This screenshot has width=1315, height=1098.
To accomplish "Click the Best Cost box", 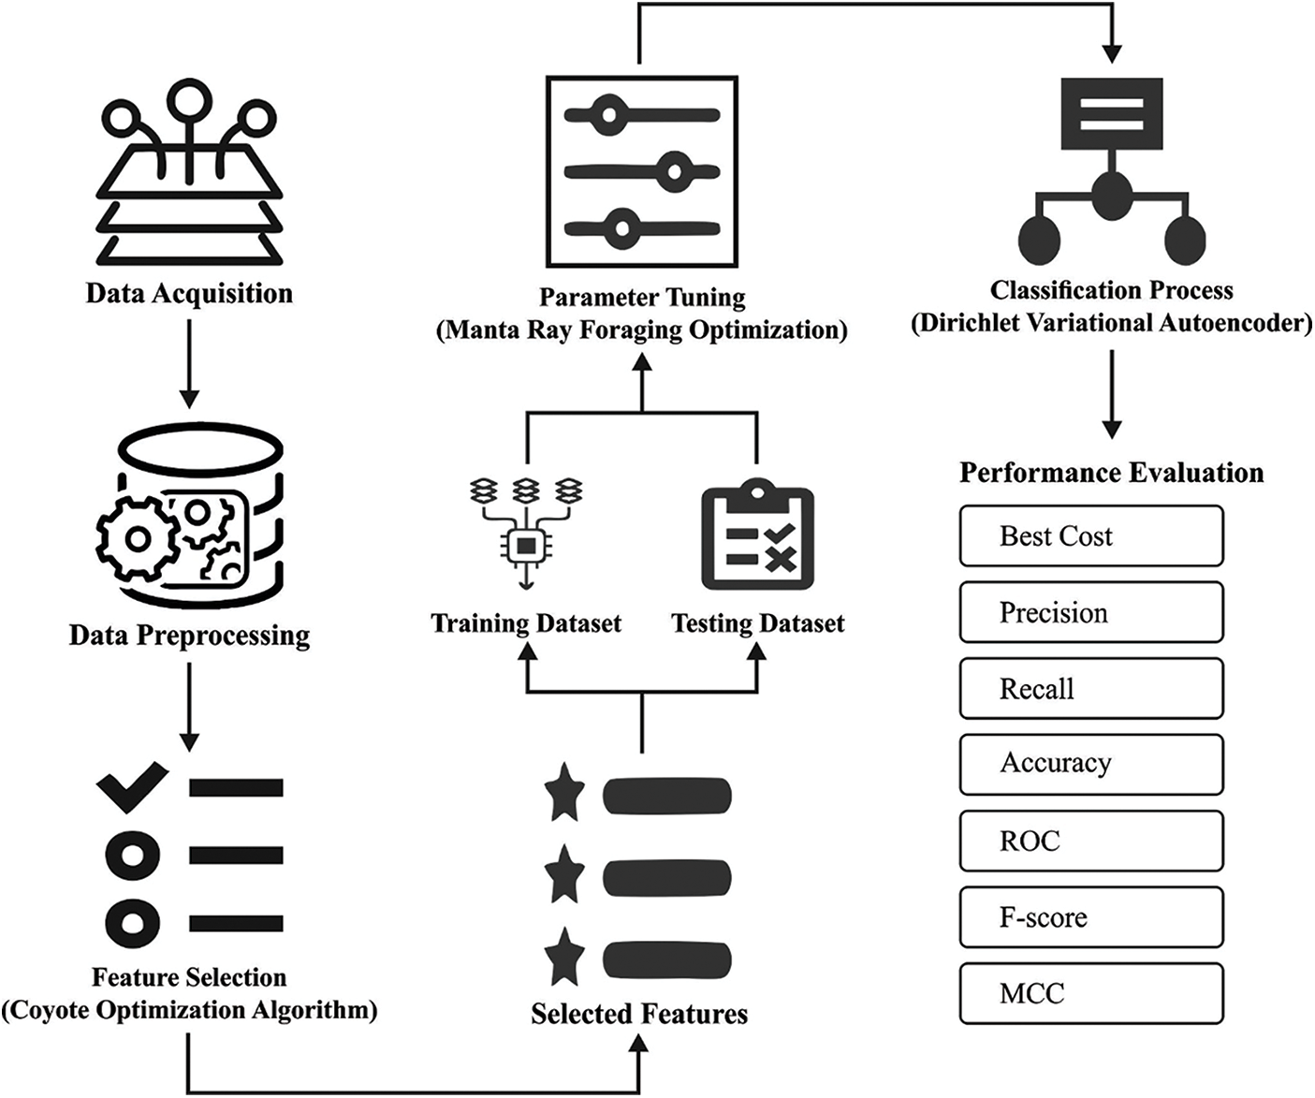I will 1091,536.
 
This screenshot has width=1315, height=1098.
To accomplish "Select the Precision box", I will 1091,612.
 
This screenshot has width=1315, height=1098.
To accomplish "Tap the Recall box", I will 1091,689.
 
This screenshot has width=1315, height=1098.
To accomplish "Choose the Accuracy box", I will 1091,765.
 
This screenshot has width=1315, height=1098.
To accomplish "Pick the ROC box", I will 1091,841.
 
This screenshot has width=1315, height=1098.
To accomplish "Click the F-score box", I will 1091,917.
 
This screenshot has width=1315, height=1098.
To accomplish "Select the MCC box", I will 1091,993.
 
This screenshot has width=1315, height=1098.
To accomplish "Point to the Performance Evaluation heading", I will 1111,473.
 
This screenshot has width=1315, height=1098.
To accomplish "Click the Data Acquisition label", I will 189,294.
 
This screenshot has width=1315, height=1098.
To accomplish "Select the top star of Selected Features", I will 564,793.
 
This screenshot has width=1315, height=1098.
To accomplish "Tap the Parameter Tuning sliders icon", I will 642,171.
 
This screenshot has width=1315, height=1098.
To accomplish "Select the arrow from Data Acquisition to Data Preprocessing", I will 189,365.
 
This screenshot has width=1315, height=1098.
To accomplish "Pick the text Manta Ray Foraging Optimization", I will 642,330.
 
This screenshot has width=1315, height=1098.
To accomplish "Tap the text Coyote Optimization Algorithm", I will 189,1011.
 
